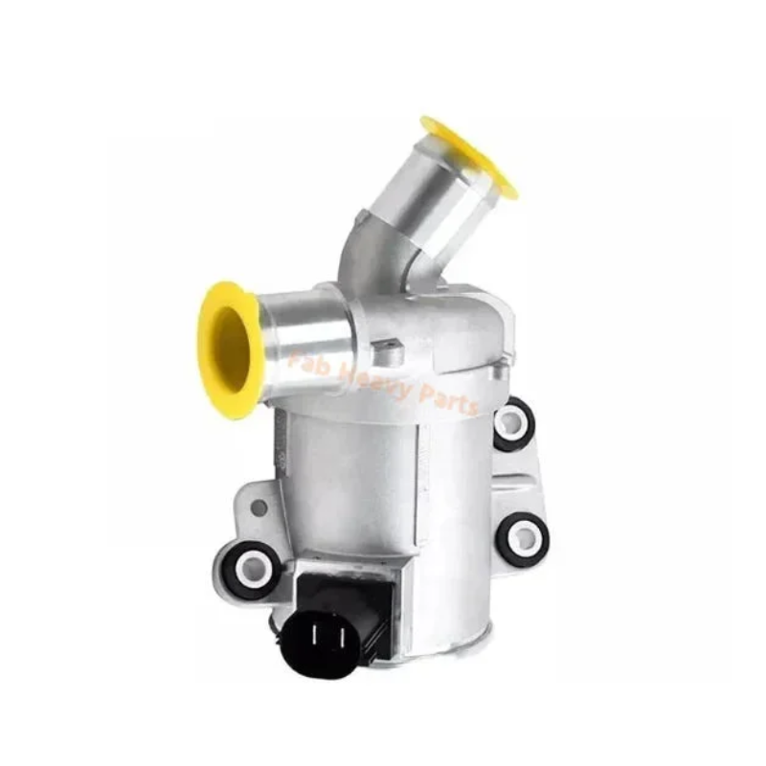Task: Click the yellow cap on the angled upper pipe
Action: click(x=469, y=156)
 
